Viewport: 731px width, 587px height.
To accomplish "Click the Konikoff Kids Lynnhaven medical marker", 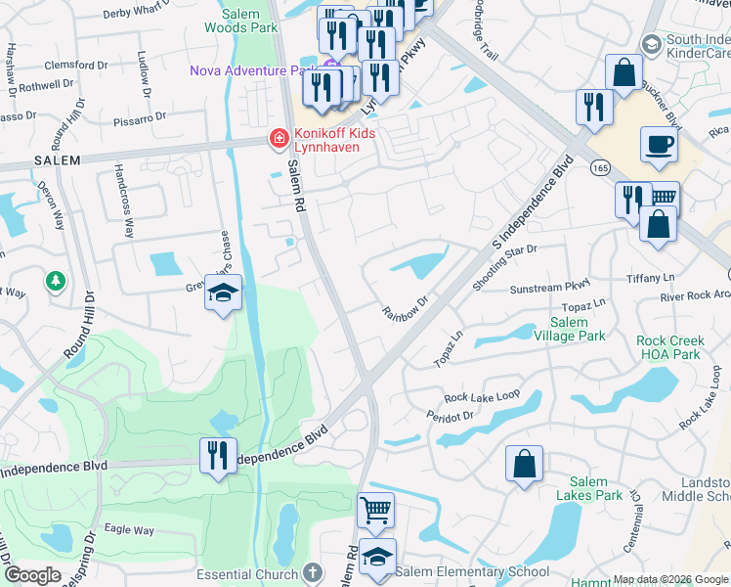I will (x=279, y=140).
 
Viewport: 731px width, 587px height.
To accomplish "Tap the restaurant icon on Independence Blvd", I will (x=218, y=455).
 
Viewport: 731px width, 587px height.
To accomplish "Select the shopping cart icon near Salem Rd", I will (x=375, y=510).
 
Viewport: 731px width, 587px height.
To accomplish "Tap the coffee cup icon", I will (x=659, y=145).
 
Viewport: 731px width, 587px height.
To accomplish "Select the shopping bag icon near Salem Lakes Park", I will (x=525, y=464).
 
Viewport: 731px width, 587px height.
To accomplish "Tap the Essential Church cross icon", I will (x=312, y=571).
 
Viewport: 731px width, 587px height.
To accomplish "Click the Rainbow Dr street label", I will (x=406, y=308).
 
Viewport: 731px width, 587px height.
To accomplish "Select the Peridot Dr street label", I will (x=451, y=415).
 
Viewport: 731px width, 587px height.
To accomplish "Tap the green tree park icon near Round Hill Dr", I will (x=56, y=282).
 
